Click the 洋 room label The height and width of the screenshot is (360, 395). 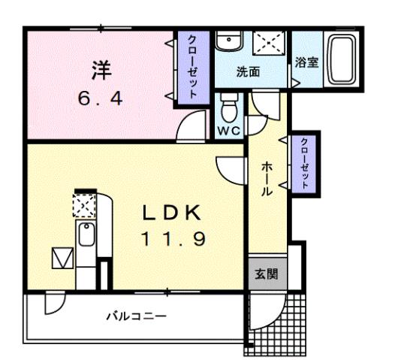coord(101,70)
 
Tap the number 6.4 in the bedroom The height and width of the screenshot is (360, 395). coord(101,97)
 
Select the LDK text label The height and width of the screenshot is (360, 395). coord(172,213)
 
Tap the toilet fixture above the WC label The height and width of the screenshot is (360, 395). coord(229,110)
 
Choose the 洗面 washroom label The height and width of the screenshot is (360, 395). coord(248,73)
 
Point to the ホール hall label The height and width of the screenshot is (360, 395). coord(267,180)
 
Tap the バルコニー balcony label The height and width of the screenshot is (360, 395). coord(136,316)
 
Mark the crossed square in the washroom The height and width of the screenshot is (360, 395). coord(267,42)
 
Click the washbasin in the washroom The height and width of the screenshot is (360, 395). coord(228,42)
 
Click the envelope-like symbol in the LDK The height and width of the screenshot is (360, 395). coord(60,259)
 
